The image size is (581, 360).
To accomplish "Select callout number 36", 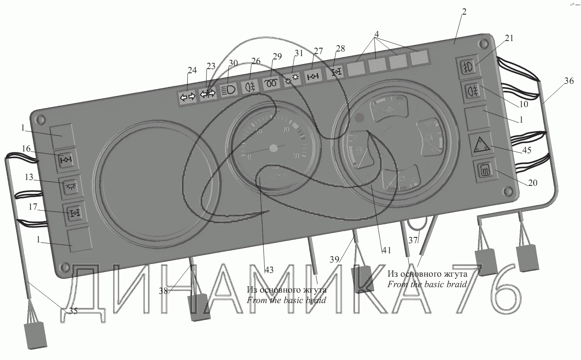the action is coord(568,82).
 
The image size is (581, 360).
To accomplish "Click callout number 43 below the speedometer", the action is coord(269,270).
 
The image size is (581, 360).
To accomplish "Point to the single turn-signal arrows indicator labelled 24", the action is coord(187,98).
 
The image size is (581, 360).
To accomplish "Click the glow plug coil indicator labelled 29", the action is coord(271,82).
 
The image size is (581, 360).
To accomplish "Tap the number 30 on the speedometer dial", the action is coord(295,156).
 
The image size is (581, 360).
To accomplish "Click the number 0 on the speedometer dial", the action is coord(250,157).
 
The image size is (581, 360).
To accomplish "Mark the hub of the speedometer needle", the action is coord(274,148).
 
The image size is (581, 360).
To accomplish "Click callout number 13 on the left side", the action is coord(28,177).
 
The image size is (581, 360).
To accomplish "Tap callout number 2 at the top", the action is coord(464,12).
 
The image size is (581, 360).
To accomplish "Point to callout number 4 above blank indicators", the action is coord(377,33).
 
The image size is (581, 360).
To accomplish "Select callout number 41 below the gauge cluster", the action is coord(386,250).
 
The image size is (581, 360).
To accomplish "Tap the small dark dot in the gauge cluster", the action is coord(359,118).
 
